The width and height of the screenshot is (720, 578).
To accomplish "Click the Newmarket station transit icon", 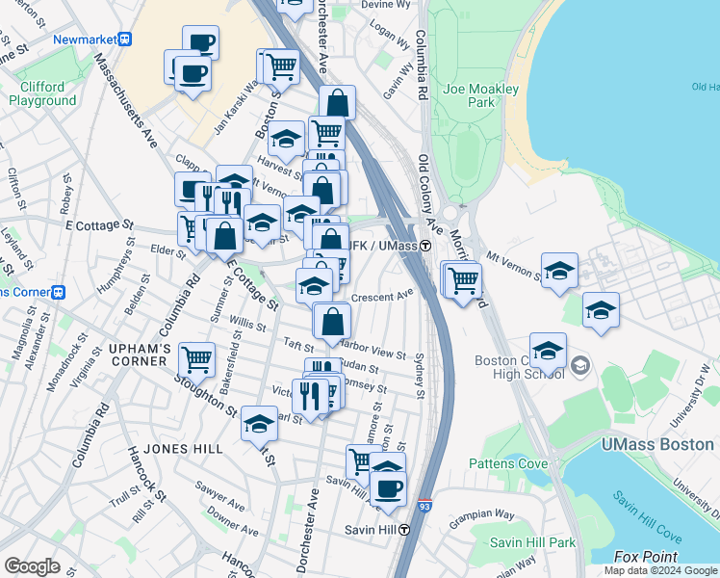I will [124, 39].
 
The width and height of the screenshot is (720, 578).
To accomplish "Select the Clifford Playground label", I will [42, 93].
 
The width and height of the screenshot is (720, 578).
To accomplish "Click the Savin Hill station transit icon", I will [405, 530].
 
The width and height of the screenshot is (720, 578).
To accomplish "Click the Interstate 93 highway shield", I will [424, 505].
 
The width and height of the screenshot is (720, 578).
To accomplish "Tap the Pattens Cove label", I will [507, 463].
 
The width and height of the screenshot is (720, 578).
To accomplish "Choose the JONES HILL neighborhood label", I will [182, 449].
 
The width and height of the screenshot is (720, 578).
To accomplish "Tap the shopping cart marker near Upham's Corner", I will [197, 358].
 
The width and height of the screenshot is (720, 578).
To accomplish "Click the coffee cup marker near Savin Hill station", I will [388, 487].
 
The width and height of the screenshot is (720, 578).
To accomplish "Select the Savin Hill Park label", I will [532, 542].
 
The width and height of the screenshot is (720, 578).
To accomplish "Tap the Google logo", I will [32, 566].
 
